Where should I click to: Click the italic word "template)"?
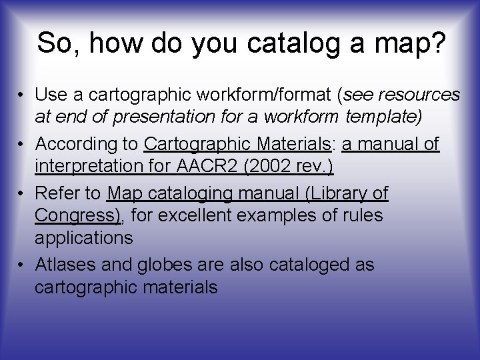[383, 117]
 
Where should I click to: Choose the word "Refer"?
[57, 193]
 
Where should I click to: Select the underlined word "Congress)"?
[77, 215]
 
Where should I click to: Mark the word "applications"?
[84, 237]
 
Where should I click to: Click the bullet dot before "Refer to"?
[22, 194]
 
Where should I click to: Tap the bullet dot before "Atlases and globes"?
[22, 265]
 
